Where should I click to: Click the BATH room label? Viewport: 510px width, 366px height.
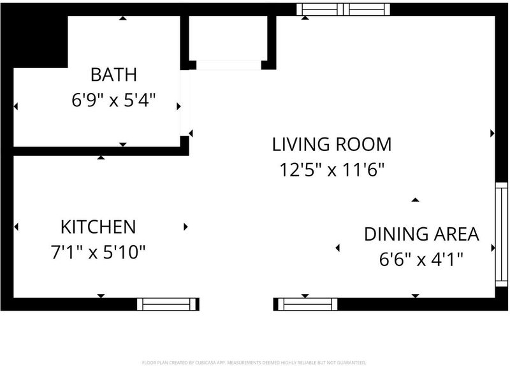[x=113, y=74]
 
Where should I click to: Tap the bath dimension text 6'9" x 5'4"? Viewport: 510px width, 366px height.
[x=113, y=100]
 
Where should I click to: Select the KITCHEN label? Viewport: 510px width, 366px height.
[x=98, y=227]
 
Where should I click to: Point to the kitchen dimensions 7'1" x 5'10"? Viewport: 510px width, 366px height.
[x=98, y=252]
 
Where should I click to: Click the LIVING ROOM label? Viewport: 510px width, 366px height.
[x=331, y=144]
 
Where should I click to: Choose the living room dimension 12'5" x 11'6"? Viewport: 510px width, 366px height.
[x=331, y=169]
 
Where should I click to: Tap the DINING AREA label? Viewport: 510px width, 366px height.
[x=421, y=234]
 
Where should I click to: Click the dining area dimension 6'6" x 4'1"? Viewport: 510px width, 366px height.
[x=421, y=260]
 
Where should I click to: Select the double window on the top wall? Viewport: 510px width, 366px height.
[x=343, y=10]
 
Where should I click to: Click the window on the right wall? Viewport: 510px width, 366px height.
[x=501, y=234]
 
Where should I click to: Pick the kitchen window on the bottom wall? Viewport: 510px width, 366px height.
[x=168, y=304]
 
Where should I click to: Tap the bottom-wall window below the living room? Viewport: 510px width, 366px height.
[x=305, y=304]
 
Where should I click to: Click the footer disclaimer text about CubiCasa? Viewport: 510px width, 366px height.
[x=254, y=362]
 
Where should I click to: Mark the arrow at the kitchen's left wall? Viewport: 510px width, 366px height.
[x=17, y=227]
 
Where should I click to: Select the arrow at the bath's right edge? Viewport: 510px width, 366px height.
[x=178, y=106]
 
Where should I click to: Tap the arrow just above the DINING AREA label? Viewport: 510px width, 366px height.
[x=415, y=200]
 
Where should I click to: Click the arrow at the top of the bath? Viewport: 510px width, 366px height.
[x=122, y=18]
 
